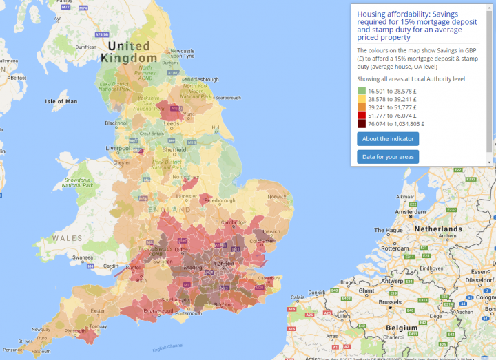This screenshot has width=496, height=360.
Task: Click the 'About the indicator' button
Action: (x=387, y=139)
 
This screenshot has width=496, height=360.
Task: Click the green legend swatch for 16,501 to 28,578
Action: (x=362, y=91)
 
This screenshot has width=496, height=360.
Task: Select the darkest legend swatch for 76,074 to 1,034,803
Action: (x=362, y=124)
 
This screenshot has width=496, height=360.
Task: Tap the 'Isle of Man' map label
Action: (x=63, y=101)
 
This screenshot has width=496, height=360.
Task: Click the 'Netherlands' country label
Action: (x=439, y=229)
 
